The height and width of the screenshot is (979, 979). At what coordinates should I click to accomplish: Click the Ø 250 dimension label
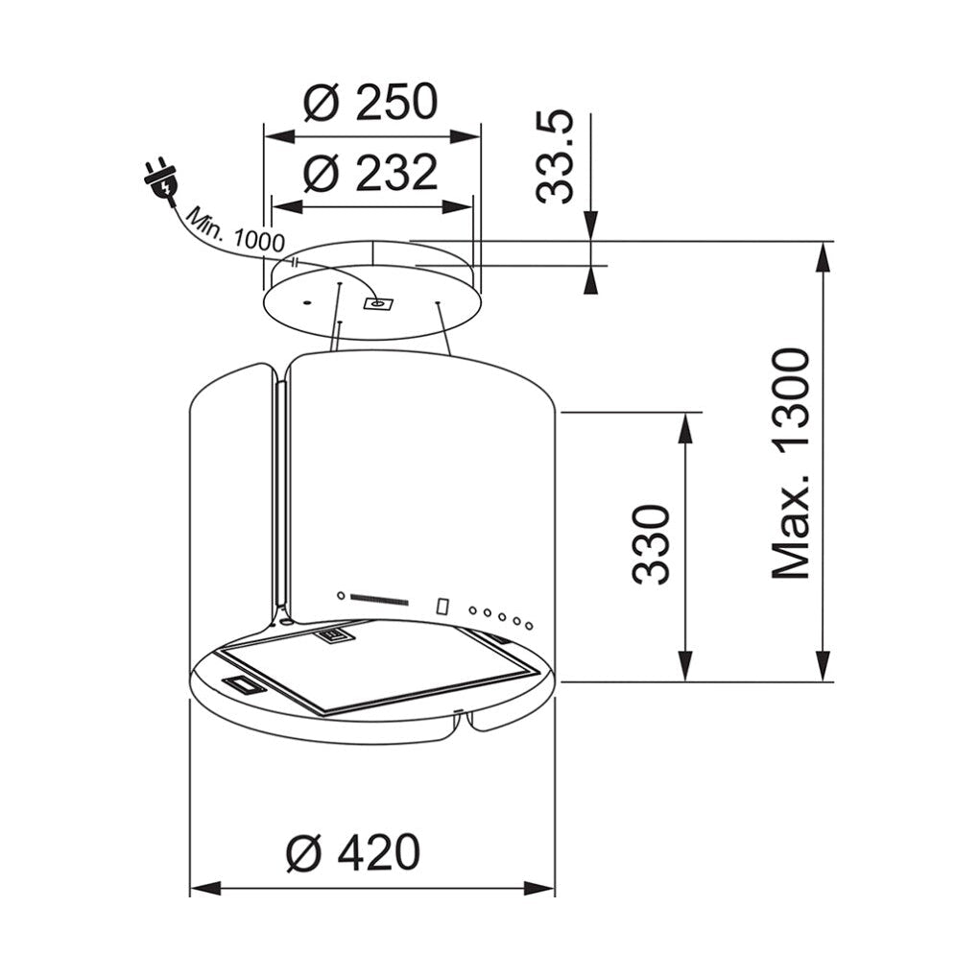(370, 103)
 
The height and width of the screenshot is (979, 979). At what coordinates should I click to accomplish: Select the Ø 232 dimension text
(370, 174)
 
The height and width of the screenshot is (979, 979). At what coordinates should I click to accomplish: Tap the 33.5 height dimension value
(555, 156)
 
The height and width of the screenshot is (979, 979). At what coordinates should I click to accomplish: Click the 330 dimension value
(650, 544)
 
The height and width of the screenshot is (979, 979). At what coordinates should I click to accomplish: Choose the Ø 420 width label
(353, 851)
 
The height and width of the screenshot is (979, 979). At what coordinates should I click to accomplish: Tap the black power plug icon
(160, 179)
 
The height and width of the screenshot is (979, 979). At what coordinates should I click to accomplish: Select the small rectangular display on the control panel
(442, 607)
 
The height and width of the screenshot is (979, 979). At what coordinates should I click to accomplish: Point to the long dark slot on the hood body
(380, 600)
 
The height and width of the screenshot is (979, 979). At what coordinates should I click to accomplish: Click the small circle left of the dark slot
(340, 595)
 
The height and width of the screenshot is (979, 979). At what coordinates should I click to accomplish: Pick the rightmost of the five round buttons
(528, 625)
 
